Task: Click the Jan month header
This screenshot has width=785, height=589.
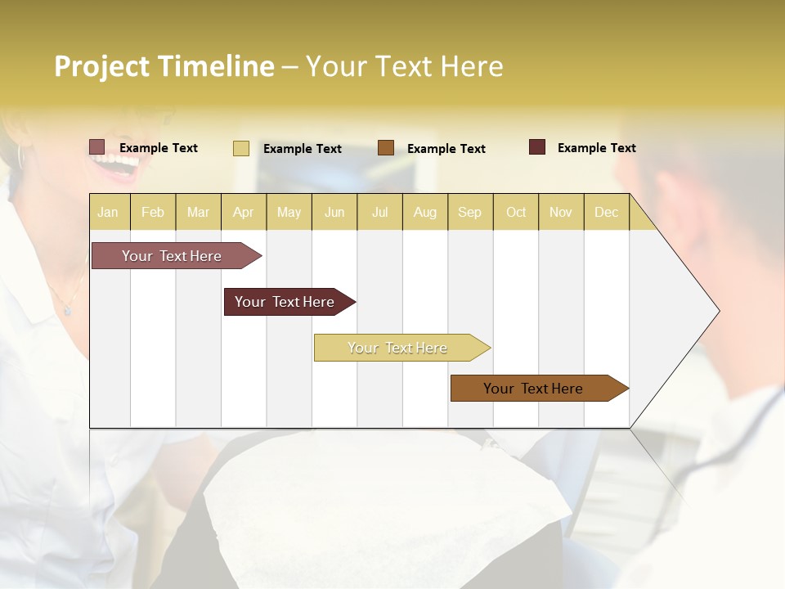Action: coord(109,212)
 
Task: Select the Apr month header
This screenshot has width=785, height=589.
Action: coord(244,212)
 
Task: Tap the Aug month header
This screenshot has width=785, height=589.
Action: coord(425,212)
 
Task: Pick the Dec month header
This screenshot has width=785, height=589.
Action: coord(607,212)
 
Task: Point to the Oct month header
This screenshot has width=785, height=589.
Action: coord(516,212)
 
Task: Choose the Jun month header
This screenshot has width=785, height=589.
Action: coord(334,212)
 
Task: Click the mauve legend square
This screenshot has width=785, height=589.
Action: coord(96,147)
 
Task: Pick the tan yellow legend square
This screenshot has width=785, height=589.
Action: coord(241,148)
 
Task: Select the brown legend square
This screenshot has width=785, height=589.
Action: coord(386,148)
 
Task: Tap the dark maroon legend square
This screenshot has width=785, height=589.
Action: coord(537,147)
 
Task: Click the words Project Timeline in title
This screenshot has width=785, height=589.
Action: coord(164,66)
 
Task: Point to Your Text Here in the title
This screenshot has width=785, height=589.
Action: coord(405,66)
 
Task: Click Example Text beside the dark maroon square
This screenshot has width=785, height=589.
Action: coord(596,148)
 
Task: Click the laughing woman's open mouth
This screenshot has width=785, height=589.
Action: coord(117,165)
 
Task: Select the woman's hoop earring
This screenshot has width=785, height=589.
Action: coord(20,155)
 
